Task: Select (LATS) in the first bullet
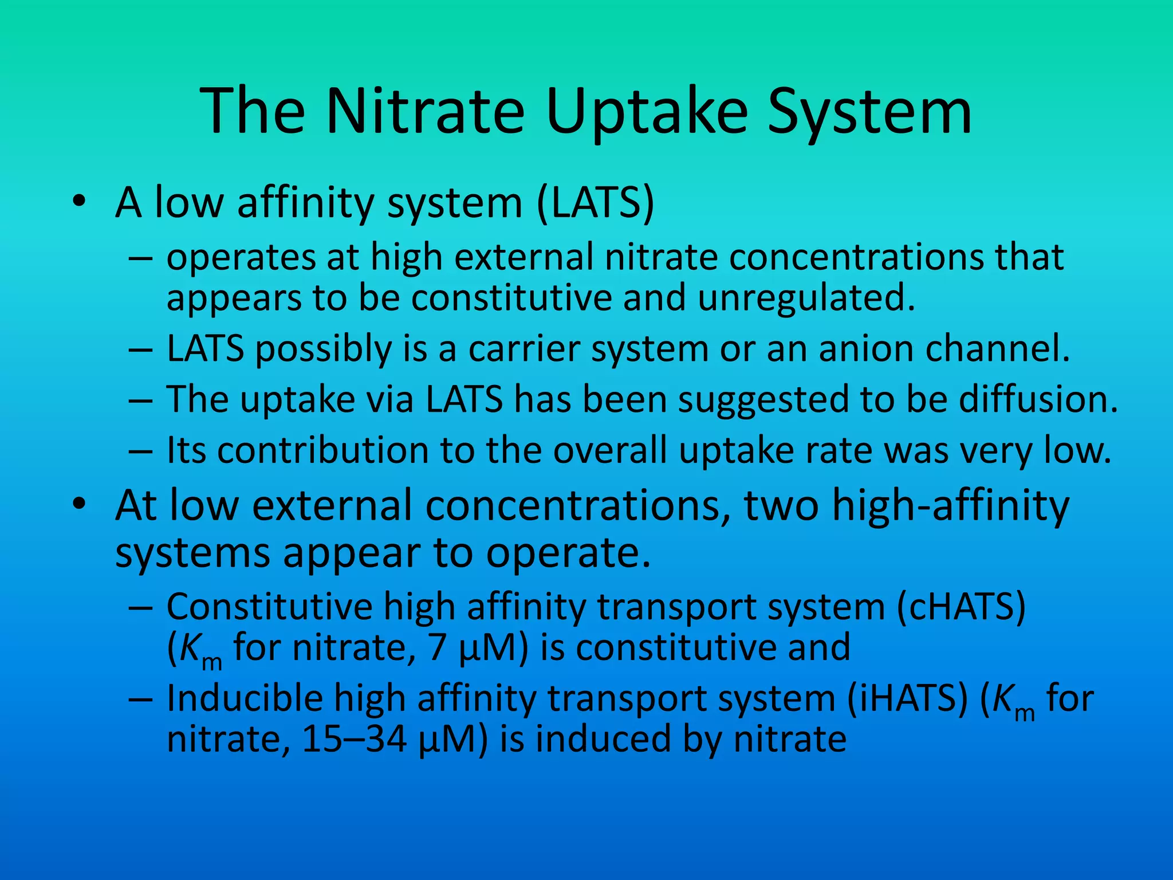click(x=595, y=203)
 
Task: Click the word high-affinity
click(x=950, y=505)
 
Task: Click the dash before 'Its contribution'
click(x=141, y=451)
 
